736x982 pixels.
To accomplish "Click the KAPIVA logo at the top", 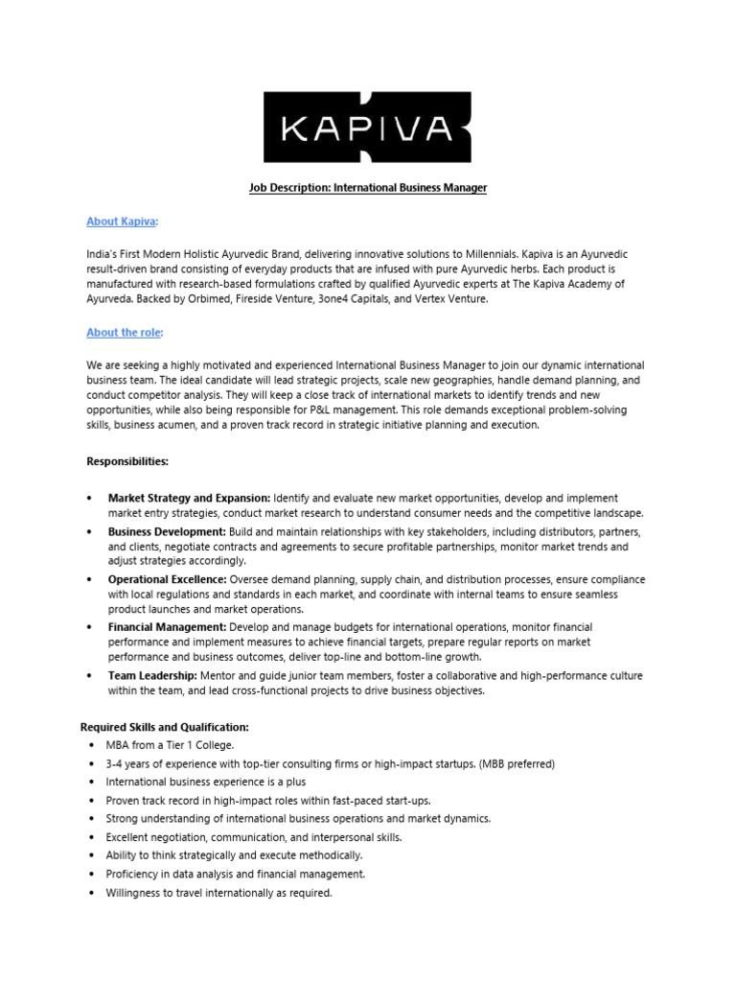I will [x=368, y=127].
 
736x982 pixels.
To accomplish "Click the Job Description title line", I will [x=368, y=188].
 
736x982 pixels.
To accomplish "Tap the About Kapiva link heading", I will [x=121, y=222].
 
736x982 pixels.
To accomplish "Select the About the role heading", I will [x=123, y=333].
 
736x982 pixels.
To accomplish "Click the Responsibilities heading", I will [x=127, y=461].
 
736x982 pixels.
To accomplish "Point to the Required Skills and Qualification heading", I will [x=164, y=728].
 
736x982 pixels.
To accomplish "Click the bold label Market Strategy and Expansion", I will [x=189, y=499].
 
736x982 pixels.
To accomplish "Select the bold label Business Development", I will [x=167, y=532].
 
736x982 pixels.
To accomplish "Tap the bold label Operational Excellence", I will [x=168, y=580].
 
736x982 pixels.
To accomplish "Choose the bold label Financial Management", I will [x=167, y=627].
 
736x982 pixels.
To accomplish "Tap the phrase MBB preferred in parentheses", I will [x=509, y=764].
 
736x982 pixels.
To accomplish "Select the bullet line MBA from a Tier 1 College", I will [x=171, y=745].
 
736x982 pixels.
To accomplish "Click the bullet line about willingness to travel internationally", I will [x=219, y=893].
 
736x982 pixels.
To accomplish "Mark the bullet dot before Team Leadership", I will [x=89, y=676].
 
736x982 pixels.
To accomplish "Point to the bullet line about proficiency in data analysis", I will [x=236, y=875].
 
